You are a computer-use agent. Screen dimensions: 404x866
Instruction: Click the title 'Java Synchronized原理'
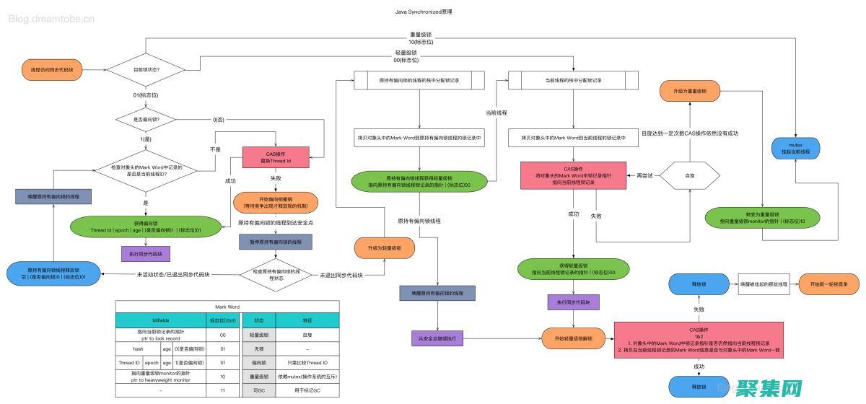pos(434,12)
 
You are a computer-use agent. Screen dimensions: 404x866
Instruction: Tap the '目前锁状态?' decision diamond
pos(146,70)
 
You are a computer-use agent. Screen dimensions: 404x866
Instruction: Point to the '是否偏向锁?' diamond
pos(146,119)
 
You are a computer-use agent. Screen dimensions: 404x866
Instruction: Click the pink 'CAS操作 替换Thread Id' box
pos(276,157)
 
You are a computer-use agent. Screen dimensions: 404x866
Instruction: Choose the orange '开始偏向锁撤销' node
pos(276,201)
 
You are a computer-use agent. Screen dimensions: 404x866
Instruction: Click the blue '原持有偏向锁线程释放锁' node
pos(52,273)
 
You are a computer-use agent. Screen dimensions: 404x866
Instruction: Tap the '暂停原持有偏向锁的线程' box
pos(276,242)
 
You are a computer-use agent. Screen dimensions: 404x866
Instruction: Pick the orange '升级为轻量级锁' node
pos(384,247)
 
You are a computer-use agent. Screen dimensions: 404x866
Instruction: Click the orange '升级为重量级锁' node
pos(689,92)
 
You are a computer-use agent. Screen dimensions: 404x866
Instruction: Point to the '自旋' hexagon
pos(689,175)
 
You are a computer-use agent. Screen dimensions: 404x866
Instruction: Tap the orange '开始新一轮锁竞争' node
pos(828,284)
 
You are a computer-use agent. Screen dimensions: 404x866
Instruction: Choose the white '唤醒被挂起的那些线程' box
pos(764,284)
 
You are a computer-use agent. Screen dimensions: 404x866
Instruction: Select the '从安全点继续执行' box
pos(437,338)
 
